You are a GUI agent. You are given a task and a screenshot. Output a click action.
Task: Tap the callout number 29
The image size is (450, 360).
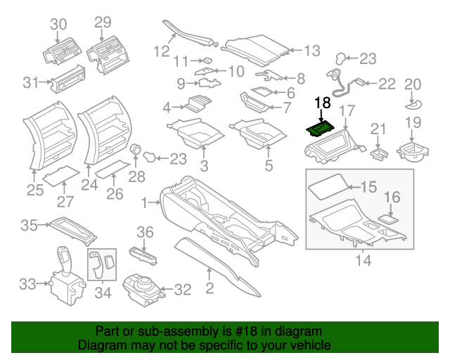103,22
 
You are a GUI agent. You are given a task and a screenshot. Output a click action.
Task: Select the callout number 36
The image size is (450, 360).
144,231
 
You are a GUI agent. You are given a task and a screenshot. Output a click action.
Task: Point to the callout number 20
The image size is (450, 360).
412,84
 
